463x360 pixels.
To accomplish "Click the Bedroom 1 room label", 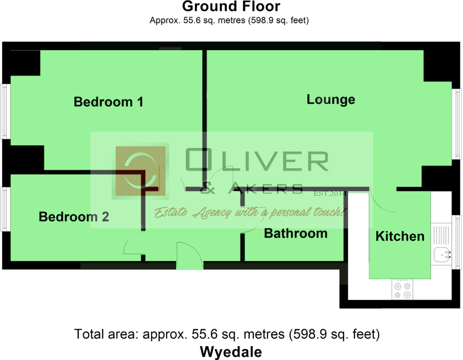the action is pyautogui.click(x=109, y=102).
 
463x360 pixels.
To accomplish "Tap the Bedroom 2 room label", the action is pyautogui.click(x=74, y=217).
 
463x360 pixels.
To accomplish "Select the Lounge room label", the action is pyautogui.click(x=331, y=99).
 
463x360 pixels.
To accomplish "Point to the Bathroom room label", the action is pyautogui.click(x=296, y=233).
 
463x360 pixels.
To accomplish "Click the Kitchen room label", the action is pyautogui.click(x=400, y=236).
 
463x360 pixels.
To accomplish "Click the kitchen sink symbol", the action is pyautogui.click(x=442, y=255).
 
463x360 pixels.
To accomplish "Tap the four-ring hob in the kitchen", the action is pyautogui.click(x=402, y=289).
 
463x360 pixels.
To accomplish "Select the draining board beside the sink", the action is pyautogui.click(x=441, y=235).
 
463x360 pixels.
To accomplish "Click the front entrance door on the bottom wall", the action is pyautogui.click(x=189, y=256).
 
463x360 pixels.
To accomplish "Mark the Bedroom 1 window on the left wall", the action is pyautogui.click(x=5, y=111).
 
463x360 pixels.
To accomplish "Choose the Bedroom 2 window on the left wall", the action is pyautogui.click(x=5, y=209).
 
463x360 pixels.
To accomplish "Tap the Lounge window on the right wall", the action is pyautogui.click(x=457, y=124).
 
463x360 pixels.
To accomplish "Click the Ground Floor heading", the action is pyautogui.click(x=231, y=6).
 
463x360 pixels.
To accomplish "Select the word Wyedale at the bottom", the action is pyautogui.click(x=231, y=352).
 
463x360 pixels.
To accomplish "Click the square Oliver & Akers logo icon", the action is pyautogui.click(x=140, y=171).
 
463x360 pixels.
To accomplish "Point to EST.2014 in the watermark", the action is pyautogui.click(x=330, y=194).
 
